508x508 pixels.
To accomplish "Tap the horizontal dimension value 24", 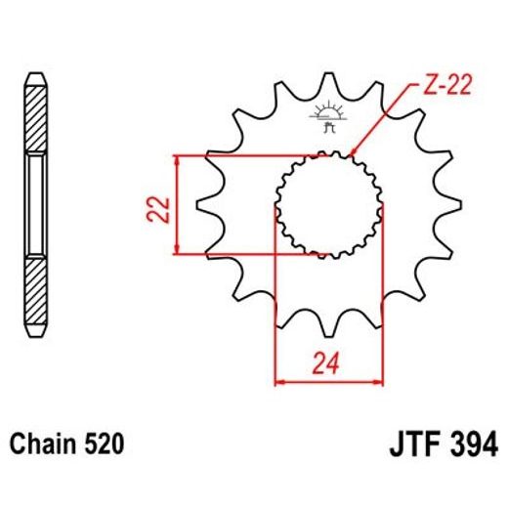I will [328, 364].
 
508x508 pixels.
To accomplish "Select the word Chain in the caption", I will [41, 445].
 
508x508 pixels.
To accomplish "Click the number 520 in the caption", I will [103, 445].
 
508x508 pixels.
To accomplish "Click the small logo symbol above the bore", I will [326, 116].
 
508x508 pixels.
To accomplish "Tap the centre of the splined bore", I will [327, 203].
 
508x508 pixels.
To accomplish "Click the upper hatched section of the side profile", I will [35, 117].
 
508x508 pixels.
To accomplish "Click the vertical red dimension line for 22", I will [177, 204].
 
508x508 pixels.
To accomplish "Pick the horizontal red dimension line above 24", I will [328, 380].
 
